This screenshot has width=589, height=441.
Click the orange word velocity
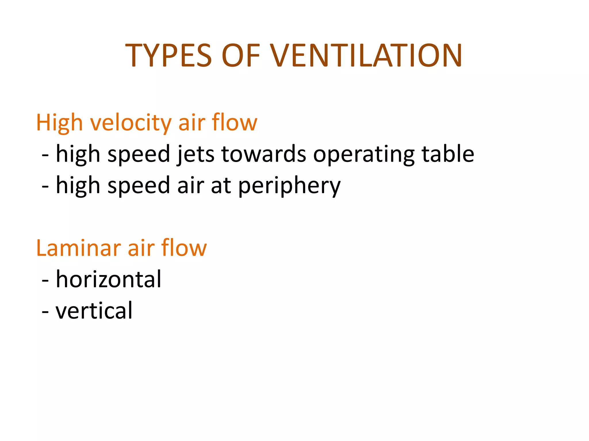coord(131,123)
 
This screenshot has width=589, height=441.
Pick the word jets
coord(196,154)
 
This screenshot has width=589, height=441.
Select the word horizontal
coord(108,279)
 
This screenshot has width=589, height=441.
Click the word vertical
coord(94,311)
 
